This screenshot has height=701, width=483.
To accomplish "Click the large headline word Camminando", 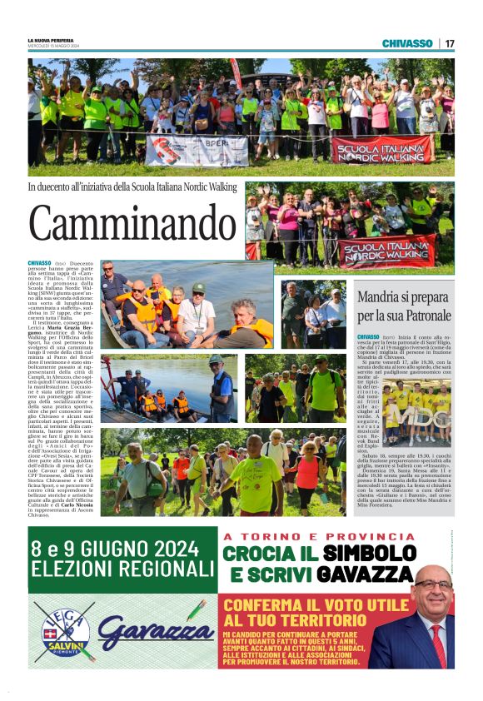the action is coord(122,224).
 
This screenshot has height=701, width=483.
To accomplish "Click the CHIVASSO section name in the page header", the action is coord(406,43).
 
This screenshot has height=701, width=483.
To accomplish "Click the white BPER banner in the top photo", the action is coord(197,151).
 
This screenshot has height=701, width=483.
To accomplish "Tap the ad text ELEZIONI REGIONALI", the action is coord(121,570).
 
